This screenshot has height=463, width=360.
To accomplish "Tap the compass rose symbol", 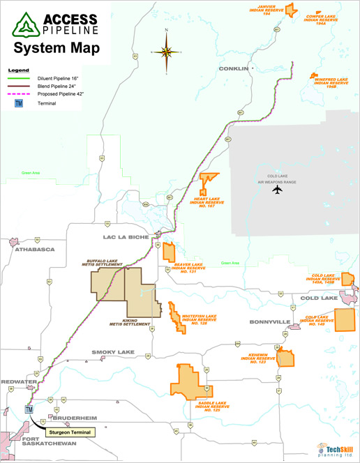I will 166,51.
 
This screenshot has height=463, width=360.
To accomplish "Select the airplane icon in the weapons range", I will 277,189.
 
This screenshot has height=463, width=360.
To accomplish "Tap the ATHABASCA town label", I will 32,249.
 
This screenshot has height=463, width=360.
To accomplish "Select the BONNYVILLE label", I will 269,322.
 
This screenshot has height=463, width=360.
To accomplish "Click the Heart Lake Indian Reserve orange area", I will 207,183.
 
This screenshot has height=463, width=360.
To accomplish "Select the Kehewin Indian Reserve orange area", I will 286,358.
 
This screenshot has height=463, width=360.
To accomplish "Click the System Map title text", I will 56,48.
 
